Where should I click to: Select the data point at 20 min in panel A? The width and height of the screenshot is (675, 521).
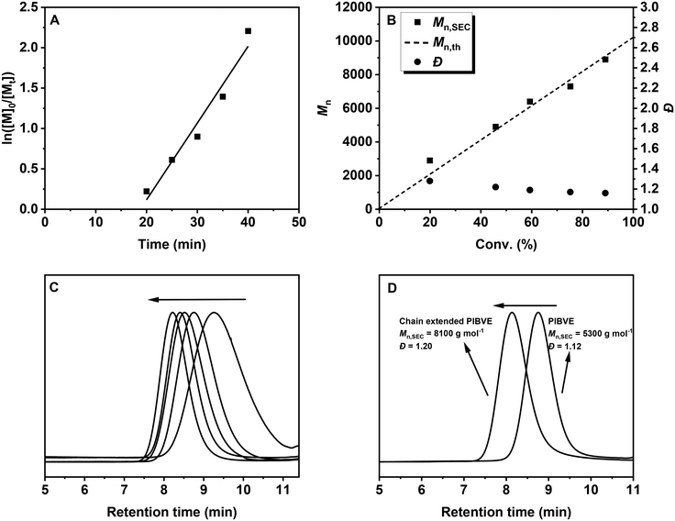[147, 191]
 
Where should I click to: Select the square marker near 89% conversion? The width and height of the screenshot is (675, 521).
[605, 60]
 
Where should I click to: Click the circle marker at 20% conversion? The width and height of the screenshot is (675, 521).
[429, 181]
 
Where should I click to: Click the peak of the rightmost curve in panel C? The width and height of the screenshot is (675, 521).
[214, 313]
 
